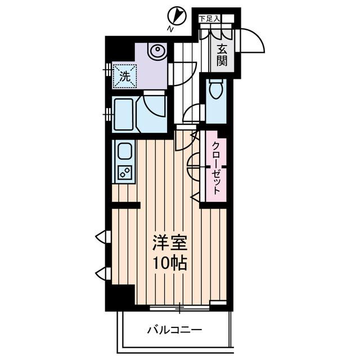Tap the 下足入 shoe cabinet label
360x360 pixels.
click(209, 19)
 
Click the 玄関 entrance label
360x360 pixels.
click(223, 54)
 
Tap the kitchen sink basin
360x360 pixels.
click(124, 151)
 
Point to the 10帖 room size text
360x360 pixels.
click(168, 263)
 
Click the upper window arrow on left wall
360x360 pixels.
click(101, 236)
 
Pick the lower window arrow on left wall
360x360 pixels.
click(101, 274)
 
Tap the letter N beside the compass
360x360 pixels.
click(170, 28)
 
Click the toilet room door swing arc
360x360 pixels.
click(192, 111)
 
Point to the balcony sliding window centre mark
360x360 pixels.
click(180, 308)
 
